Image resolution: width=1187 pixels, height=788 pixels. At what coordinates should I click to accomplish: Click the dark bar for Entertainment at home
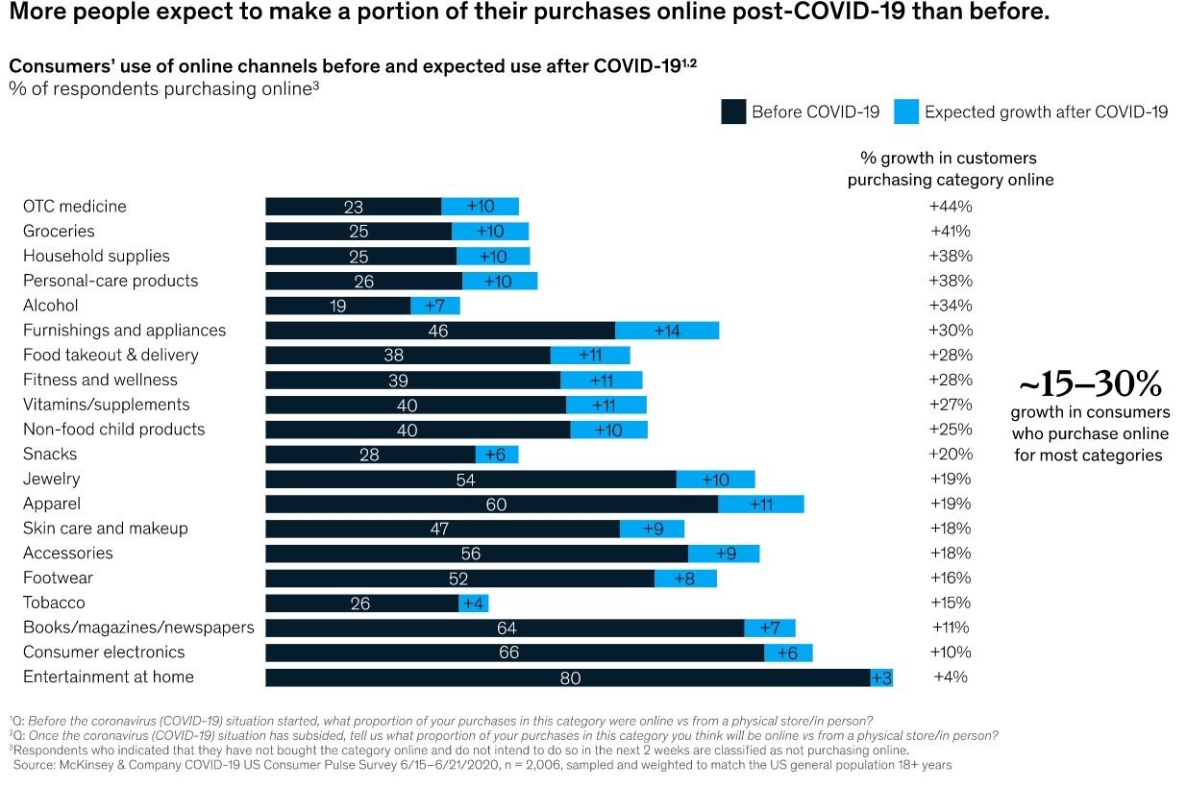pyautogui.click(x=567, y=677)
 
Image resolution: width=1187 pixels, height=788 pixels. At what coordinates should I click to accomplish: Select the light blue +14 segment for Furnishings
pyautogui.click(x=667, y=331)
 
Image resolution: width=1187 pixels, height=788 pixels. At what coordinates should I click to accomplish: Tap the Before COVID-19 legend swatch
pyautogui.click(x=733, y=112)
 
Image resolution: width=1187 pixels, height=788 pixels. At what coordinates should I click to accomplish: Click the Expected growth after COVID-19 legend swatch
pyautogui.click(x=905, y=112)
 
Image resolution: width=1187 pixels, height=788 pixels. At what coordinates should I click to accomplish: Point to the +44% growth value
pyautogui.click(x=951, y=207)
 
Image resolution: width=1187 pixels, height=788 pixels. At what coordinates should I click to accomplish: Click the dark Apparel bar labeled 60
pyautogui.click(x=491, y=504)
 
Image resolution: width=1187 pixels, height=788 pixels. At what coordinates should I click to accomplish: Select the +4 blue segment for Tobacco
pyautogui.click(x=474, y=603)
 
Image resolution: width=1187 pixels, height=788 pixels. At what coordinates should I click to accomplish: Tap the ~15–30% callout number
pyautogui.click(x=1090, y=385)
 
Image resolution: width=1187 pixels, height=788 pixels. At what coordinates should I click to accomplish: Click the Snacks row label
pyautogui.click(x=50, y=454)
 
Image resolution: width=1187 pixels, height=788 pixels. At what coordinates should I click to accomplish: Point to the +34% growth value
pyautogui.click(x=951, y=306)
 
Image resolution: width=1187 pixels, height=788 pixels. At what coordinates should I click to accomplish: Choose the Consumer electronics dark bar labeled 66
pyautogui.click(x=514, y=653)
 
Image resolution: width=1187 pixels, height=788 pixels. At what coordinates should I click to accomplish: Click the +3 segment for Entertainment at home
pyautogui.click(x=881, y=677)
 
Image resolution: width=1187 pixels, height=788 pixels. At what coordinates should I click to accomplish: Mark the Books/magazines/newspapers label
pyautogui.click(x=138, y=628)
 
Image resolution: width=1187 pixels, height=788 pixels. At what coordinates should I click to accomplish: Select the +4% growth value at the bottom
pyautogui.click(x=951, y=677)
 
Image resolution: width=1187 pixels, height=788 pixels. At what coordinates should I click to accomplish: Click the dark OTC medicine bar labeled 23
pyautogui.click(x=353, y=207)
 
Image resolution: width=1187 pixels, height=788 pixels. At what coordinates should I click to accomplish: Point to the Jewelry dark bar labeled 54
pyautogui.click(x=470, y=479)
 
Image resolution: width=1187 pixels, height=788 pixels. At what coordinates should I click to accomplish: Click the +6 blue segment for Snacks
pyautogui.click(x=497, y=455)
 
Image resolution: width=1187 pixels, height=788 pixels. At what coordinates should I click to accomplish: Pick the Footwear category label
pyautogui.click(x=58, y=578)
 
